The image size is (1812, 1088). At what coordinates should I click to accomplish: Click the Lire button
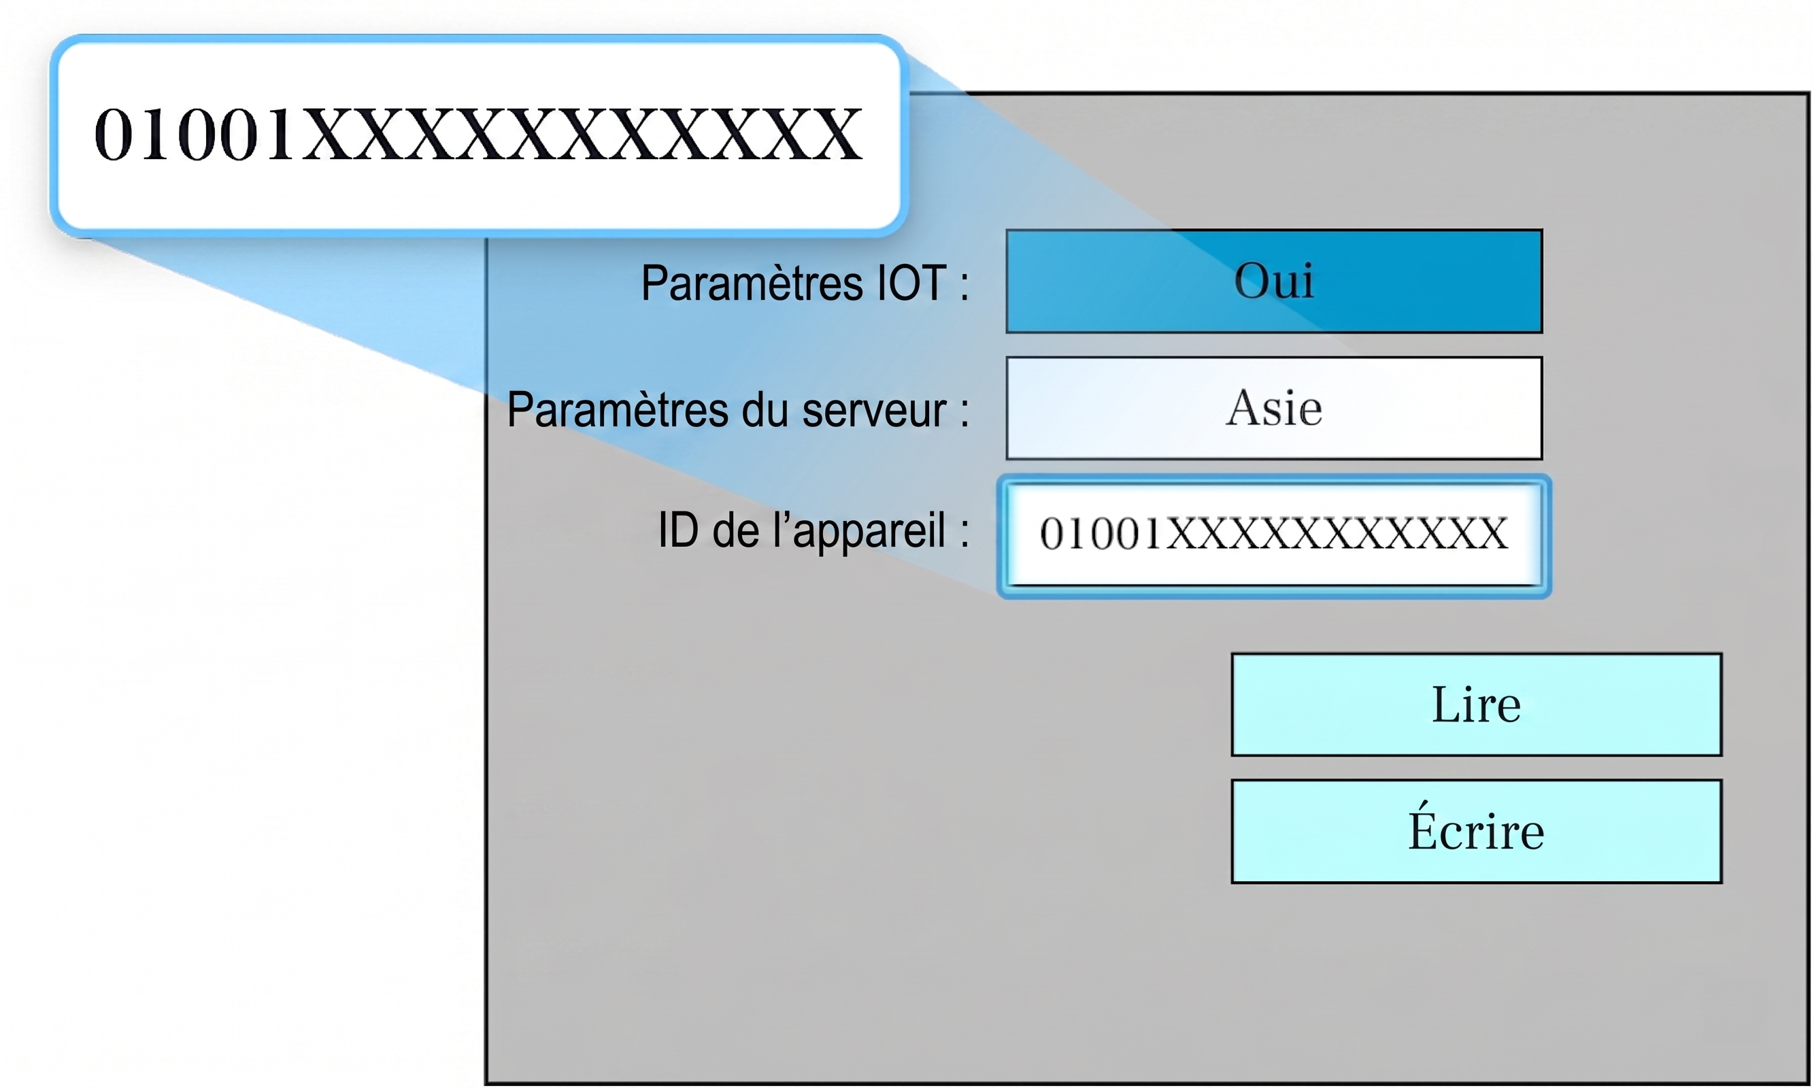(1476, 704)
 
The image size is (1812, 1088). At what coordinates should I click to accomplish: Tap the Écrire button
(1476, 832)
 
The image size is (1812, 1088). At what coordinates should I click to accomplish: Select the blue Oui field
(1275, 281)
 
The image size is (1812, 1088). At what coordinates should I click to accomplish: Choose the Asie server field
(1275, 409)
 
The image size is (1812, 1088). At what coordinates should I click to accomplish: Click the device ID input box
(1275, 535)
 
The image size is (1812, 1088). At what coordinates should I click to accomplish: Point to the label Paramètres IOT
(805, 283)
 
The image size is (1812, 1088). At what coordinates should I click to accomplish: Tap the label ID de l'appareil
(813, 531)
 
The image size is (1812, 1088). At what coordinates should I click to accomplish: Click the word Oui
(1274, 280)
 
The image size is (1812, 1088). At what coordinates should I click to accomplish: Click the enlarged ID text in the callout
(479, 134)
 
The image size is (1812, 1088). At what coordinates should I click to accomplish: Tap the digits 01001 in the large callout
(195, 134)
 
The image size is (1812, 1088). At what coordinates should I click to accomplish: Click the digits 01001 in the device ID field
(1101, 534)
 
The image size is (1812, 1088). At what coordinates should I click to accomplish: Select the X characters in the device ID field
(1336, 534)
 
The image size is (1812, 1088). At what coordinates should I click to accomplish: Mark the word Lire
(1476, 704)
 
